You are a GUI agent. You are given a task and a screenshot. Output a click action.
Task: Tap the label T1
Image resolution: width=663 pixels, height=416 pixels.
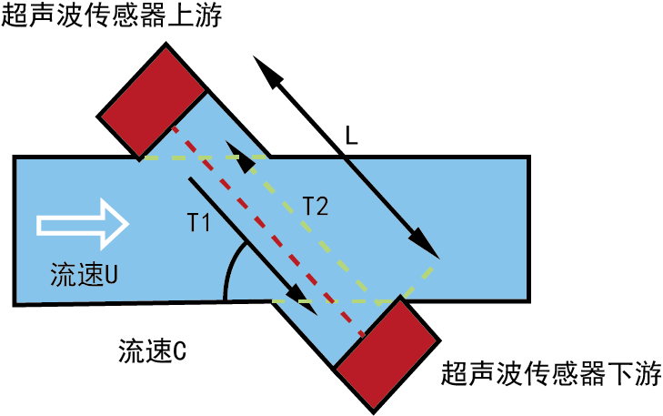198,222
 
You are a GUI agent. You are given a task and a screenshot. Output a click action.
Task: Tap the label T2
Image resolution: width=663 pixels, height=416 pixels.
316,207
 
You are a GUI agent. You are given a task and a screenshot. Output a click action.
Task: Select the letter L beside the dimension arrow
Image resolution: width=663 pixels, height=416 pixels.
351,136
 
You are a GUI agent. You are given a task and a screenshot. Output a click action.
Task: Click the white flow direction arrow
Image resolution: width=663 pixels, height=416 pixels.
83,224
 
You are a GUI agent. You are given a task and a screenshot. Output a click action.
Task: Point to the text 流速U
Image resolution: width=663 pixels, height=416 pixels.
84,274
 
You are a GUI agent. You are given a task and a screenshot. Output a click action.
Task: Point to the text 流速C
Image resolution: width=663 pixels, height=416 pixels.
152,350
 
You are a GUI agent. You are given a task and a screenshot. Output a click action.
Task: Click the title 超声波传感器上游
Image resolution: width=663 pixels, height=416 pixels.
112,15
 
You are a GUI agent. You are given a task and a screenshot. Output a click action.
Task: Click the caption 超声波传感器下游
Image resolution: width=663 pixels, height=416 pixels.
551,373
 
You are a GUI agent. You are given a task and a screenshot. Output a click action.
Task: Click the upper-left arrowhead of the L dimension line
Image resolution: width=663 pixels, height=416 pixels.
269,72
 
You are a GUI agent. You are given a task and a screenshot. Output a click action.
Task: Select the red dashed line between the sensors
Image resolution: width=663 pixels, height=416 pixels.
267,231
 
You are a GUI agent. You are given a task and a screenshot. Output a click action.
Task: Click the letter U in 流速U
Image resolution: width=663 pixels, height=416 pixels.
111,274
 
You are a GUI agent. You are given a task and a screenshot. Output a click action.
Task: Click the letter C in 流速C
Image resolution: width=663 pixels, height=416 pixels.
180,350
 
